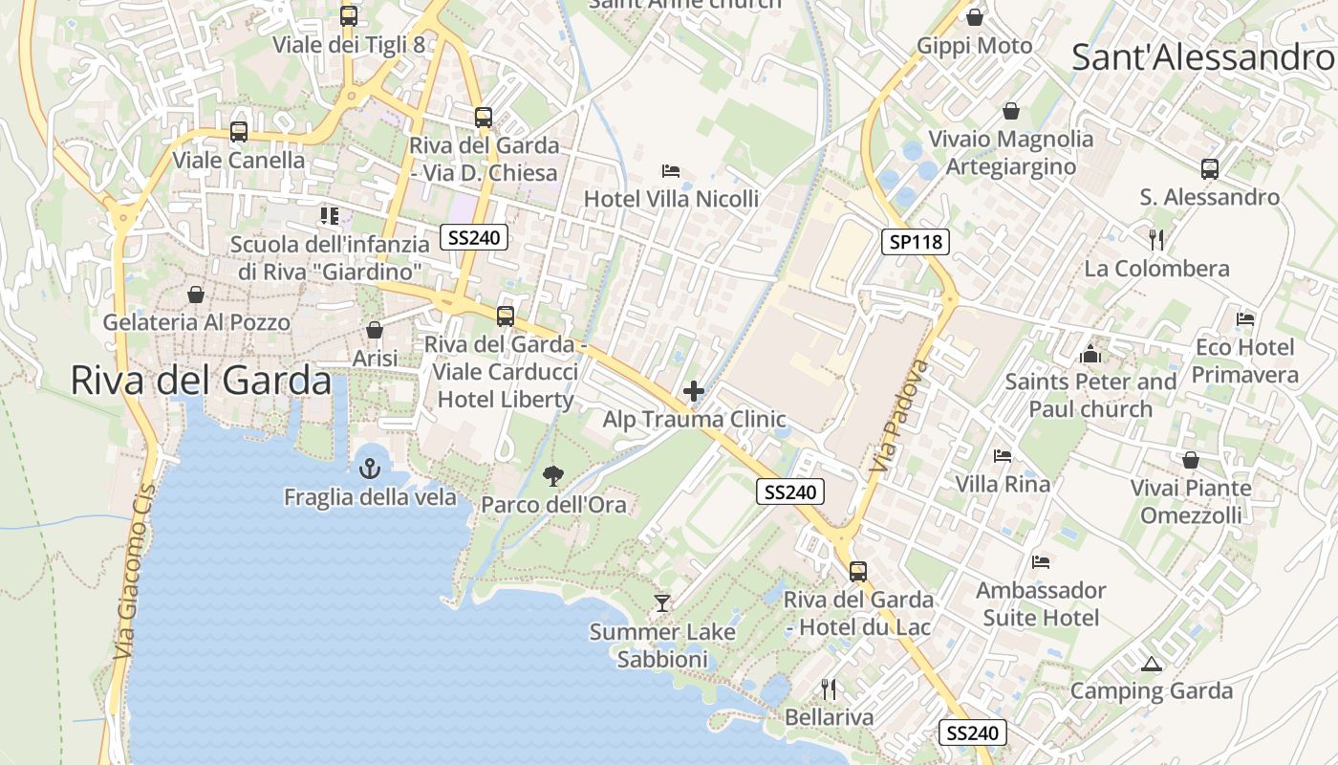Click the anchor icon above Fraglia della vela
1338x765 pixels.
tap(369, 469)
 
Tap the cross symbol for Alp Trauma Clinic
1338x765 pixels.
tap(694, 391)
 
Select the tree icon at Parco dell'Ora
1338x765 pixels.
tap(552, 475)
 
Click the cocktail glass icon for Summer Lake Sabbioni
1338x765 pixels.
tap(661, 602)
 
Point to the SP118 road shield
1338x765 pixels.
tap(916, 242)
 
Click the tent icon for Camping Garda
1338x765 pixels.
tap(1151, 663)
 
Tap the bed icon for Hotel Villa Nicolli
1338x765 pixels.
tap(671, 171)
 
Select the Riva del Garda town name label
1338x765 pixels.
tap(201, 381)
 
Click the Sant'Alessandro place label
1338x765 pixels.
tap(1202, 56)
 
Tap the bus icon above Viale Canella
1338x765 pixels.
tap(238, 132)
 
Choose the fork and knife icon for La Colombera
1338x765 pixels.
tap(1156, 239)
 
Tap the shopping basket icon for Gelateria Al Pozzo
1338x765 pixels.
tap(196, 295)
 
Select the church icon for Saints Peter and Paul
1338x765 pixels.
tap(1090, 354)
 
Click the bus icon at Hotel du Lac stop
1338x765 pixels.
tap(858, 572)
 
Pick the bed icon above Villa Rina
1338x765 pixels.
tap(1003, 456)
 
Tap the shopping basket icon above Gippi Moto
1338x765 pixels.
tap(975, 17)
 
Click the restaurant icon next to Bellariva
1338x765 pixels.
tap(829, 688)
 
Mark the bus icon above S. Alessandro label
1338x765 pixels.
tap(1210, 169)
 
